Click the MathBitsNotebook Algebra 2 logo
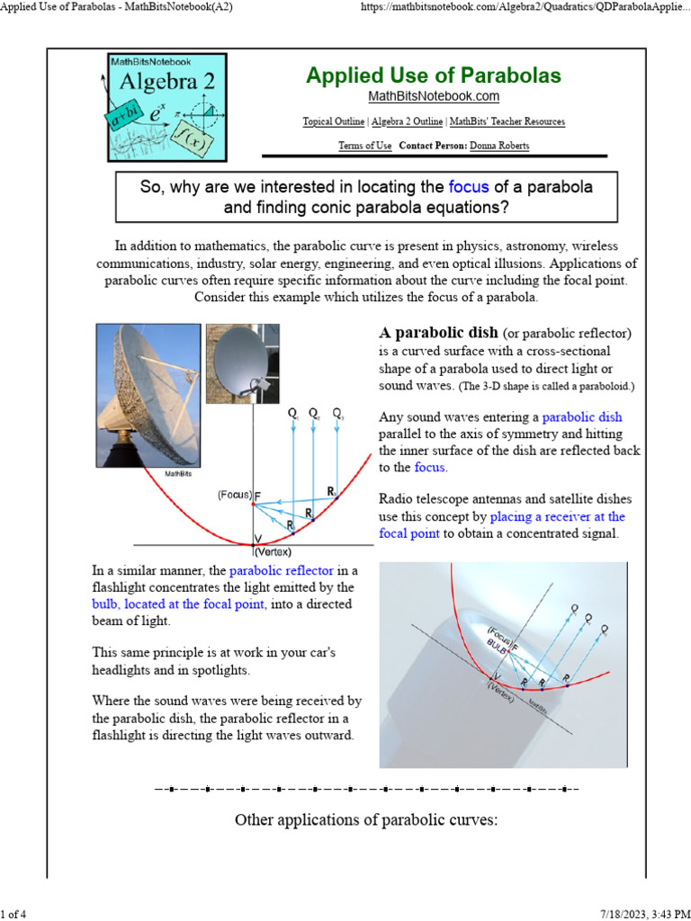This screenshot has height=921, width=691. [167, 107]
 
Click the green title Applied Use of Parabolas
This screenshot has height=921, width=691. [433, 76]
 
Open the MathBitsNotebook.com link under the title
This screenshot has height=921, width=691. [433, 96]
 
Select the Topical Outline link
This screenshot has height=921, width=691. [334, 121]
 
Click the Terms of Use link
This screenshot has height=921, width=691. [364, 146]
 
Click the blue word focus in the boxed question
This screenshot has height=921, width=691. [468, 187]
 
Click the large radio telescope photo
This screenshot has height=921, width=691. [148, 395]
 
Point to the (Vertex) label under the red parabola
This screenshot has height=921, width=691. [273, 552]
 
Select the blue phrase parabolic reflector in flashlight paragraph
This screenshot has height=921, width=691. [281, 570]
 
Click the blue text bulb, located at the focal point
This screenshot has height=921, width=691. [178, 604]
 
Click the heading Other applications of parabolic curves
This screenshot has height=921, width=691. [365, 819]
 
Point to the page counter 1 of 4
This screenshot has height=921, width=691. [14, 914]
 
